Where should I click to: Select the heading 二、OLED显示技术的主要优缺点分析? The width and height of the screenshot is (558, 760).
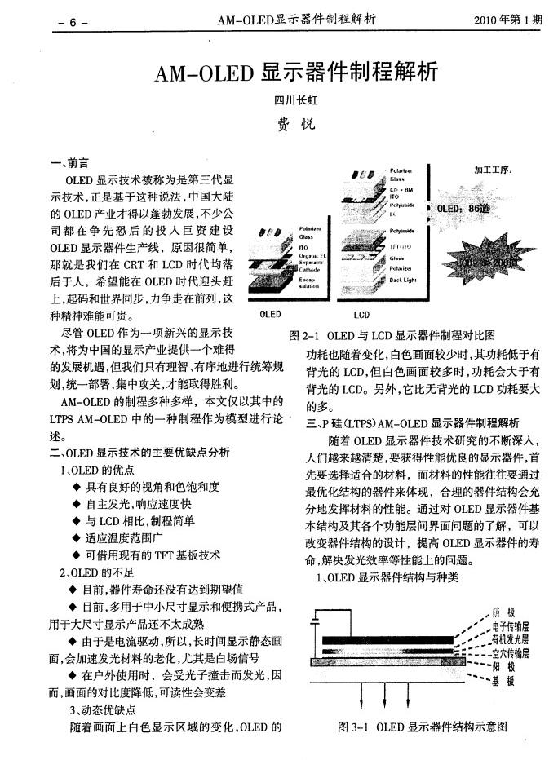click(x=139, y=451)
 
